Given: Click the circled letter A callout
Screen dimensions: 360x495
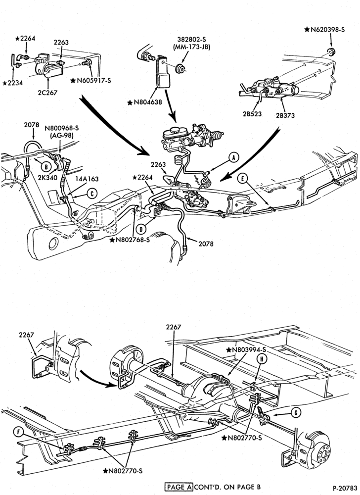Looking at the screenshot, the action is click(233, 157).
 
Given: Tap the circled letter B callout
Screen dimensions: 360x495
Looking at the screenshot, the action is click(46, 167).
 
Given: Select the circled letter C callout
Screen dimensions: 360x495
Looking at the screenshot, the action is click(92, 194).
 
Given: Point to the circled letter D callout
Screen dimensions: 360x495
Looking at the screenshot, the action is click(141, 229).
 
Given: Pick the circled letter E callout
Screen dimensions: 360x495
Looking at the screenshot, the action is click(242, 179).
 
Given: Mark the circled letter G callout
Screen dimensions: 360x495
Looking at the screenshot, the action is click(296, 412).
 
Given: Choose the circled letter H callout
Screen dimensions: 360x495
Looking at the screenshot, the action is click(261, 358).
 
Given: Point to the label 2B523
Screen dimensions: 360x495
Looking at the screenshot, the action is click(252, 114).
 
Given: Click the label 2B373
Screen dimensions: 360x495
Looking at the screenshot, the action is click(285, 115).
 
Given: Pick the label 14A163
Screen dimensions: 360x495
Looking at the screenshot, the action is click(87, 179).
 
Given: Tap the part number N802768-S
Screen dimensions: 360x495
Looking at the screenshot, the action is click(130, 240).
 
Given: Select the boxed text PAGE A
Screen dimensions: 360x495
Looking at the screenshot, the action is click(179, 487).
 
